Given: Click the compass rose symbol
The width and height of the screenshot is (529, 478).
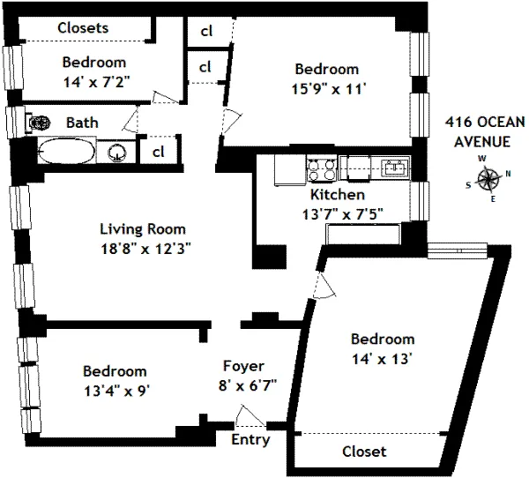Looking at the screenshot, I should coord(488,180).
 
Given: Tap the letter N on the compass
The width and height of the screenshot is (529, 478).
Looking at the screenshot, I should coord(508,174).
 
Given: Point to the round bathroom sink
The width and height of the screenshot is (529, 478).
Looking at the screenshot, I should coord(115,153).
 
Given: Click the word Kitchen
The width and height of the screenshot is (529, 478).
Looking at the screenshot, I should coord(336,194).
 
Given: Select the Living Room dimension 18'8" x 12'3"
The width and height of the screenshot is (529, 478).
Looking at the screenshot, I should coord(145,248).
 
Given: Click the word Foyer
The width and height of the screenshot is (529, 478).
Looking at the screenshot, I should coord(244,365).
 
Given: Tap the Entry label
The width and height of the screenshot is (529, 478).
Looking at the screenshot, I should coord(250,439).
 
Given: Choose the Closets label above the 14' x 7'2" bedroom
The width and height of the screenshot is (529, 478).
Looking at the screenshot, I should coord(83,27).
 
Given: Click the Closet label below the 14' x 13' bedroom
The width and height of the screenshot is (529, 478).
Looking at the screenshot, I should coord(364,451).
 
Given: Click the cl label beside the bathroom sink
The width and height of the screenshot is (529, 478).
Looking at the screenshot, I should coord(159,151).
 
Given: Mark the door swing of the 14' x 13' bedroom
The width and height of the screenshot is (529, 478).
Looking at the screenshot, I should coord(324,284).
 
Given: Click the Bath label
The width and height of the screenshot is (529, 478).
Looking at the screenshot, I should coord(82,123).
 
